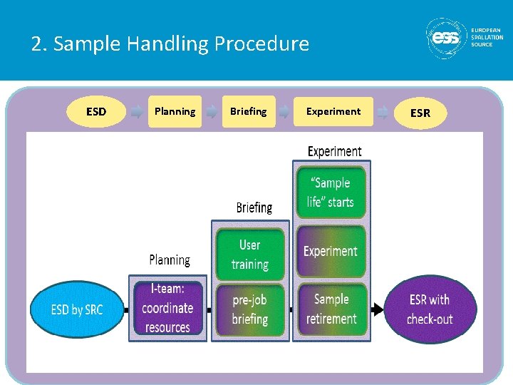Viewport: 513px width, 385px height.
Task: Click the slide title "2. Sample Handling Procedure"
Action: (170, 44)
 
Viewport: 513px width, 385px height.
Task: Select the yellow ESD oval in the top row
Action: (96, 111)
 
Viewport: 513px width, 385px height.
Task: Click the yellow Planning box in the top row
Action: (175, 111)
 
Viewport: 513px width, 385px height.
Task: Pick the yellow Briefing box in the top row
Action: (248, 111)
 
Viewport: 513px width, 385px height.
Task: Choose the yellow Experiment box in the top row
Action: (333, 111)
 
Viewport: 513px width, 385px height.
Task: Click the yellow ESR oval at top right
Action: (420, 113)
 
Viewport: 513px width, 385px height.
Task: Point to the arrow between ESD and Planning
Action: (136, 111)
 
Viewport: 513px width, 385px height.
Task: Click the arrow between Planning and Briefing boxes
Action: (212, 111)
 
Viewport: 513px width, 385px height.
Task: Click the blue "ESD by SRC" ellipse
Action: (77, 309)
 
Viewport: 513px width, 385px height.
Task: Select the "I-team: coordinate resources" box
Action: (168, 308)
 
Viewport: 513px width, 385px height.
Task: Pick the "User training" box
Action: (250, 254)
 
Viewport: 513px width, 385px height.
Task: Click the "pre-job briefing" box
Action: (250, 309)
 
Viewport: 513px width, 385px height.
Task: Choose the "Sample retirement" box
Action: (331, 309)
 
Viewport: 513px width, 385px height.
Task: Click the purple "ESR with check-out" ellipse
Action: (430, 309)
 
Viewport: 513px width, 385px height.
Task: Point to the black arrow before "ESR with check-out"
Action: (377, 309)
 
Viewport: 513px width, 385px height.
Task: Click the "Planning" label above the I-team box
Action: (170, 260)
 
